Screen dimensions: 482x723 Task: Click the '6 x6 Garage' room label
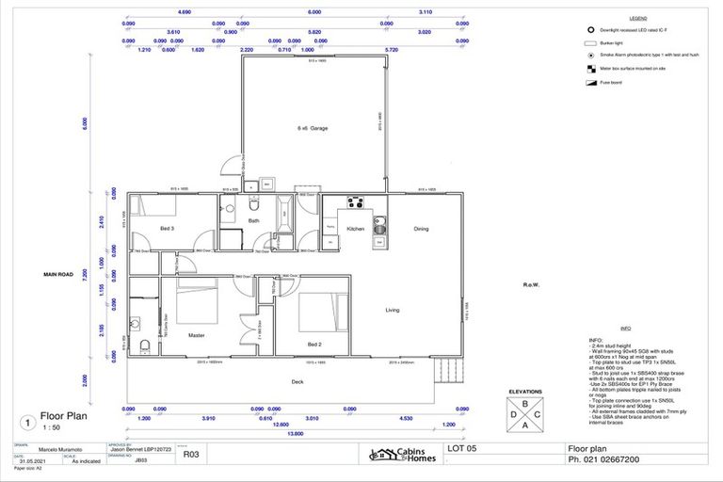click(x=313, y=128)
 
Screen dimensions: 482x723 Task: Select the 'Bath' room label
click(x=253, y=221)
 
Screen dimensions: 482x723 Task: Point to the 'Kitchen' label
click(x=355, y=229)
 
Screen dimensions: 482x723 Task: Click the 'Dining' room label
click(x=421, y=229)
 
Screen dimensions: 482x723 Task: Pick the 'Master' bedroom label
click(x=196, y=335)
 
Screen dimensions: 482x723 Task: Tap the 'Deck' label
click(x=297, y=381)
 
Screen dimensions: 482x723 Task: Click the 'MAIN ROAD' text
click(x=58, y=274)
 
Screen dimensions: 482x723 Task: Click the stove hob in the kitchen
click(x=358, y=201)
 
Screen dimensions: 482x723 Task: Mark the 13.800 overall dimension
click(x=297, y=432)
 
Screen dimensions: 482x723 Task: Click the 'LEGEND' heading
click(x=637, y=18)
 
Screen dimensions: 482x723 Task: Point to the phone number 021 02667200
click(x=612, y=461)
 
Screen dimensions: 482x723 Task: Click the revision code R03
click(x=191, y=454)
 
